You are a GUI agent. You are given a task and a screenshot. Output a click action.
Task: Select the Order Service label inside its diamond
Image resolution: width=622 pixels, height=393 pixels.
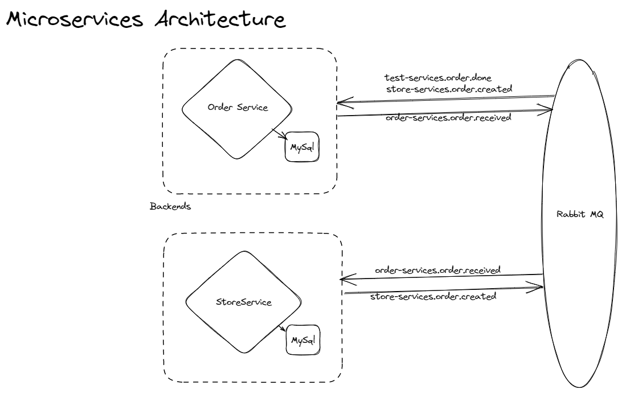click(238, 108)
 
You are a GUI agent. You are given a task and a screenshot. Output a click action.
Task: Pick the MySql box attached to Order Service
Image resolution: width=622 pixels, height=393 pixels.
click(302, 148)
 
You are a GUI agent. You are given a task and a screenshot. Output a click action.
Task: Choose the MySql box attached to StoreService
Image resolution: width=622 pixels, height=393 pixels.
click(303, 340)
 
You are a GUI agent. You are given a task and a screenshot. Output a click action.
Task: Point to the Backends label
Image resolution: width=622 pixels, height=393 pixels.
click(170, 206)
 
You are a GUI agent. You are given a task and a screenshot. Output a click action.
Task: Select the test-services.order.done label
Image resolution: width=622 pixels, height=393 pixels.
click(434, 78)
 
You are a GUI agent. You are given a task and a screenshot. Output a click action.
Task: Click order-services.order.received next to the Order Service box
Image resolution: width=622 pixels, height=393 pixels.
click(448, 118)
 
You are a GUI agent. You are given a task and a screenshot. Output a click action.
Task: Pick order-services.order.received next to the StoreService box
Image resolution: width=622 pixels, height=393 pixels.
click(437, 269)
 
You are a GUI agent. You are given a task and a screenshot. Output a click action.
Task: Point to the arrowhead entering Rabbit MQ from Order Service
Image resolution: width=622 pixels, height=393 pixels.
click(547, 112)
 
